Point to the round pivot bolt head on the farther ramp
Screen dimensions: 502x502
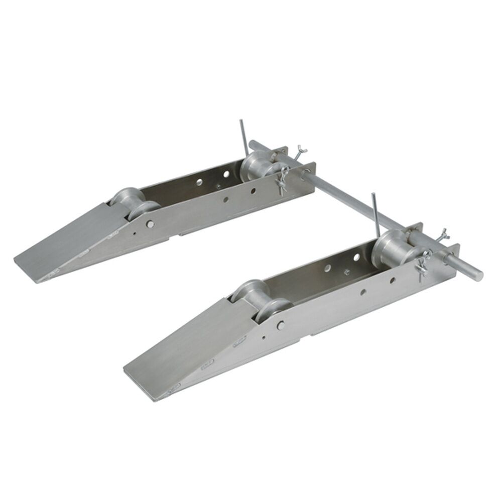pyautogui.click(x=150, y=224)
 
